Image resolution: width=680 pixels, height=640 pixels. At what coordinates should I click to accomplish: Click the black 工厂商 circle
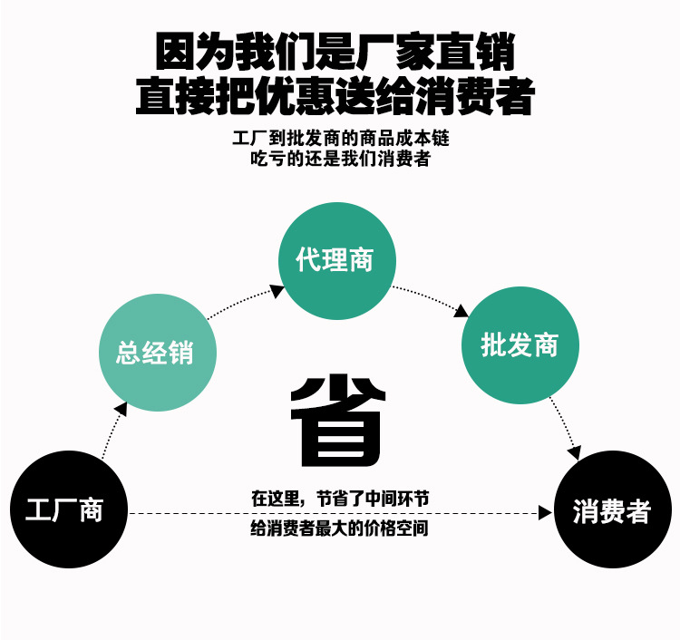(68, 509)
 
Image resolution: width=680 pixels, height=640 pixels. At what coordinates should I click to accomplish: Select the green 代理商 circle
(337, 261)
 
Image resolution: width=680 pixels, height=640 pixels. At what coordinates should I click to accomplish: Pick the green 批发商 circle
(520, 345)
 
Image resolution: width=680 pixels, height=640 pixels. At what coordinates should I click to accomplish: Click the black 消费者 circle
(612, 510)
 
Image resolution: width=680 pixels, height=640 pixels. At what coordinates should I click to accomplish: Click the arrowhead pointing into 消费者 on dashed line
(545, 513)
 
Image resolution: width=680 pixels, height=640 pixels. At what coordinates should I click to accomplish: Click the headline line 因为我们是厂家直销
(335, 53)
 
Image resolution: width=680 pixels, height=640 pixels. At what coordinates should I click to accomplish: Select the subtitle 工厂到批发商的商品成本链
(341, 141)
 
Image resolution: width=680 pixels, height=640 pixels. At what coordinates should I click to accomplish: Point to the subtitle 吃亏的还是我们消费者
(341, 160)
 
